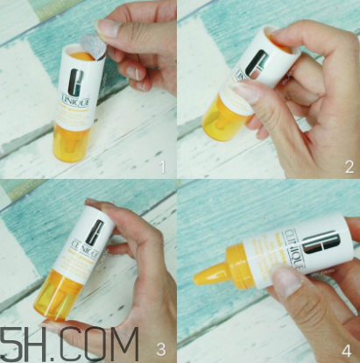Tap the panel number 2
(x=348, y=164)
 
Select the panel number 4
(x=349, y=345)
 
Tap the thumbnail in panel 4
(x=288, y=282)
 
